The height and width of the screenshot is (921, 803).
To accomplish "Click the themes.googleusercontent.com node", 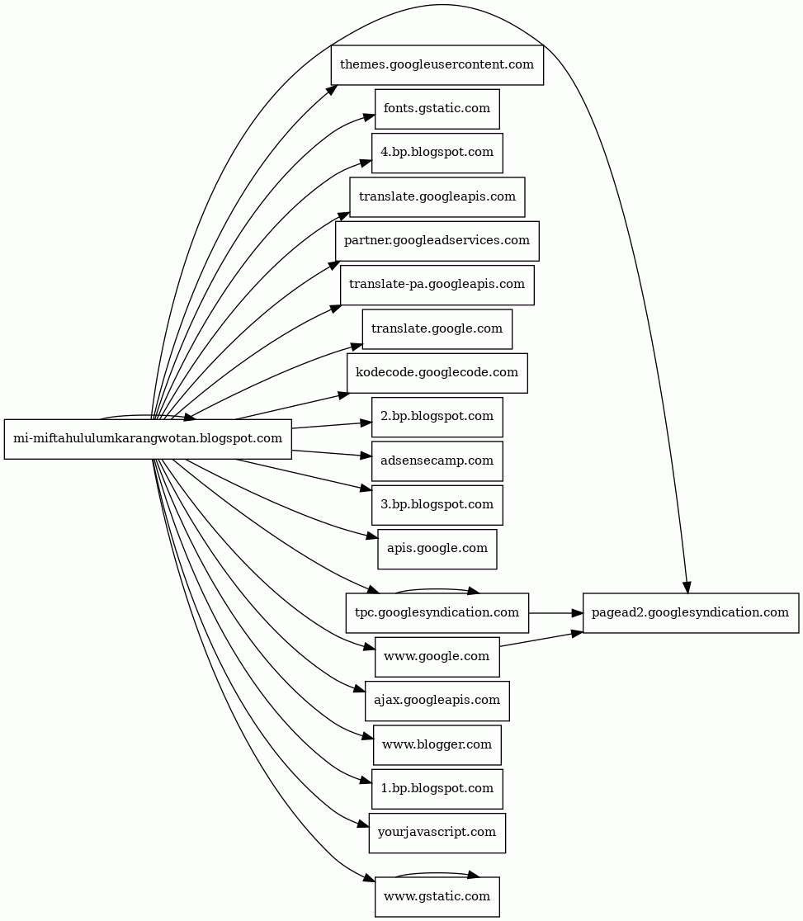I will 437,64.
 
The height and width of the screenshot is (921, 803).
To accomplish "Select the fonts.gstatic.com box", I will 437,108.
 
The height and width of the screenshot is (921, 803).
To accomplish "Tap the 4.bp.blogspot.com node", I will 437,152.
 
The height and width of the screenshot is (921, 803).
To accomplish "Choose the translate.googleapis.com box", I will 437,196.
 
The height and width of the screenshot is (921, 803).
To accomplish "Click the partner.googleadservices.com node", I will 437,240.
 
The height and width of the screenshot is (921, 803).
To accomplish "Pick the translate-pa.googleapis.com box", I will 437,284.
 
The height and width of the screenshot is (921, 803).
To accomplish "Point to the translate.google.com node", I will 437,328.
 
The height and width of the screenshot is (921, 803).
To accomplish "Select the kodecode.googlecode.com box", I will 437,372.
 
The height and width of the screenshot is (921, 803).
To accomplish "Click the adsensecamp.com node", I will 437,460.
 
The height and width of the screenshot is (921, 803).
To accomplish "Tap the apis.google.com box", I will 437,548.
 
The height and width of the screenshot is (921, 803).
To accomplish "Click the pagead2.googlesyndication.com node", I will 691,612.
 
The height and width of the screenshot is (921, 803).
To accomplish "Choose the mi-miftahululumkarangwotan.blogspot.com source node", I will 149,438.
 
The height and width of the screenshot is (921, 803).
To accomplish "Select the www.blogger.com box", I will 437,744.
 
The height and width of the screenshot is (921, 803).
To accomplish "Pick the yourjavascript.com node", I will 437,832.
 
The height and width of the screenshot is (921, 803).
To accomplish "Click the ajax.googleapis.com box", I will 437,700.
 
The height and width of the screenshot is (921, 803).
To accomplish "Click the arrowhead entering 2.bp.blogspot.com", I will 366,423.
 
